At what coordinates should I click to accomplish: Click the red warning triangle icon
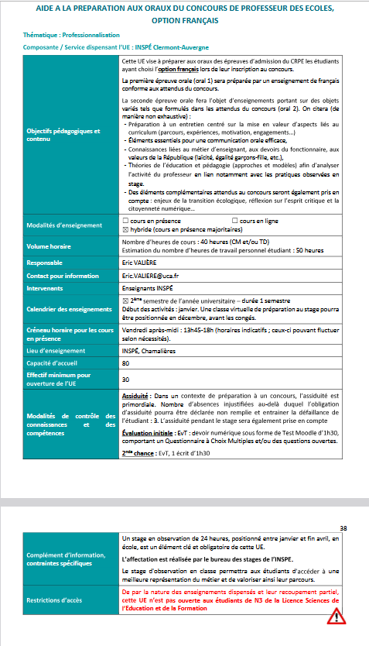(x=337, y=617)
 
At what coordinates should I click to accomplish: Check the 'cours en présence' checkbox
(x=127, y=222)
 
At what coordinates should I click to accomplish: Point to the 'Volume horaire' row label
(x=50, y=249)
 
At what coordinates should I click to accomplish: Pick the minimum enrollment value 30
(x=126, y=380)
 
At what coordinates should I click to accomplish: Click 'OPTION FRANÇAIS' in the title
(x=186, y=19)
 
